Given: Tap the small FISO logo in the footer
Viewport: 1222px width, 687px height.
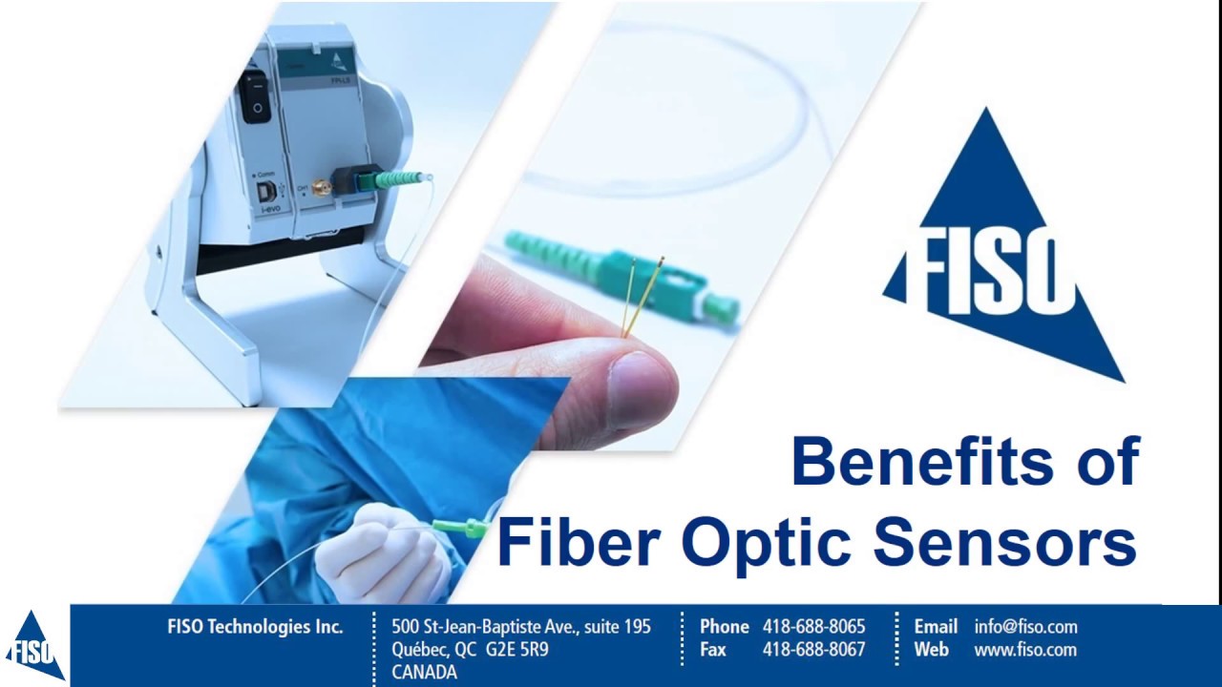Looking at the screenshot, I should (34, 647).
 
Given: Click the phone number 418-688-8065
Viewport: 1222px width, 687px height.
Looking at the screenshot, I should (813, 627).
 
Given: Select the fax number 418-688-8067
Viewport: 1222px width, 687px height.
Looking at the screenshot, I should (813, 650).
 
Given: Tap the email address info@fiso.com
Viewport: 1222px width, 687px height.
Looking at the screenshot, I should (1025, 627).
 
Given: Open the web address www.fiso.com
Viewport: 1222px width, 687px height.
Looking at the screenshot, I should (1024, 650).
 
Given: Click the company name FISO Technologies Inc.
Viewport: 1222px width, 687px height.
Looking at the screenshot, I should (255, 627).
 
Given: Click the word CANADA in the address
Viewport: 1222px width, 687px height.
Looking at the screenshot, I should (424, 672).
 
